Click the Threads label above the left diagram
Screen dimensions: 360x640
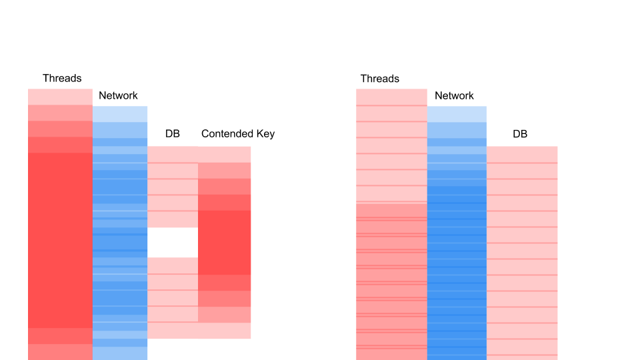62,79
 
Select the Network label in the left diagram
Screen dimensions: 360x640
118,96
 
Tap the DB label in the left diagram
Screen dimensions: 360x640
173,134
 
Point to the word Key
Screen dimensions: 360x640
265,134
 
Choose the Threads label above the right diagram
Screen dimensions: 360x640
379,79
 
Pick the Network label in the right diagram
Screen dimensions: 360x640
454,96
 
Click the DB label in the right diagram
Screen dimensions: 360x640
520,134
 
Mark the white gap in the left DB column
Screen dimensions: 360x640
173,242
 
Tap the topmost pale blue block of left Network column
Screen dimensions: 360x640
120,114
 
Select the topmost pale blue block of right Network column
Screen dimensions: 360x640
457,114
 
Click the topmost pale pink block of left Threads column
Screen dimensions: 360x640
60,97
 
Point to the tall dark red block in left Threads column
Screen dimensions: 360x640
60,240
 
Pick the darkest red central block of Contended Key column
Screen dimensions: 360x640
225,242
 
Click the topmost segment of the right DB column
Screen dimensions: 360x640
522,154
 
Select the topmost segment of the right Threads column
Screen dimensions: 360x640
391,97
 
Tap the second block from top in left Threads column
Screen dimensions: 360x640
60,113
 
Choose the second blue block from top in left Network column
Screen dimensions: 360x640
120,130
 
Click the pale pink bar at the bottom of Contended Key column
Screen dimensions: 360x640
225,331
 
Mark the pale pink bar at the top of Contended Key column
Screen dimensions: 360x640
225,155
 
